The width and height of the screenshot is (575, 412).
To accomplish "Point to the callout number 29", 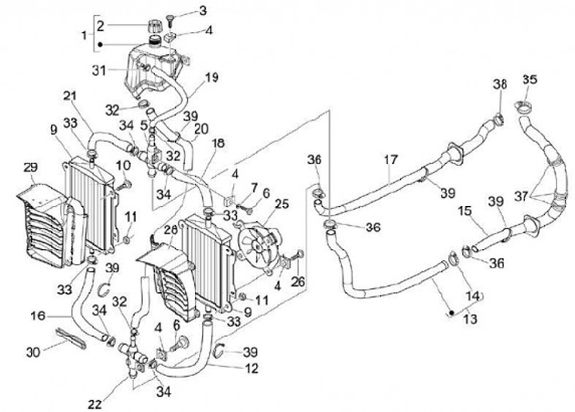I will click(30, 167).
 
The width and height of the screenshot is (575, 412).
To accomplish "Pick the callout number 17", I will click(390, 159).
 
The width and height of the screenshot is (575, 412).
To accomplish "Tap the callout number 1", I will click(85, 35).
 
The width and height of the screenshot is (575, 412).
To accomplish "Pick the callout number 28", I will click(169, 230).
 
